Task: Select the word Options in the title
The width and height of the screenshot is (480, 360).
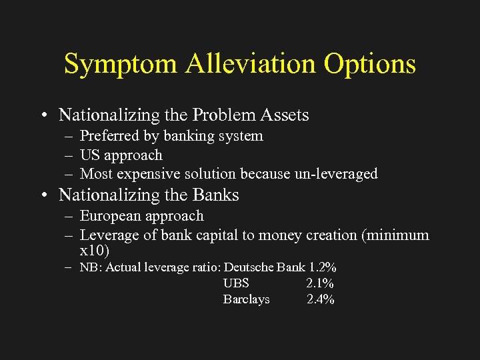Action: [x=370, y=65]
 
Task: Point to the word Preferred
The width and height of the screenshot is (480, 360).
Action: [x=110, y=136]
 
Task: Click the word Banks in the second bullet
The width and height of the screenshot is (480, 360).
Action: [x=215, y=195]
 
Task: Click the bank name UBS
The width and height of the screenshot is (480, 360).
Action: [x=236, y=284]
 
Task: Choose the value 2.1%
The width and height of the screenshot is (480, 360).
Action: [x=320, y=284]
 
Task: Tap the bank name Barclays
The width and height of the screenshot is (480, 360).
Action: [x=246, y=300]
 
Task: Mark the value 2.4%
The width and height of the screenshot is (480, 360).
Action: [x=321, y=300]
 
